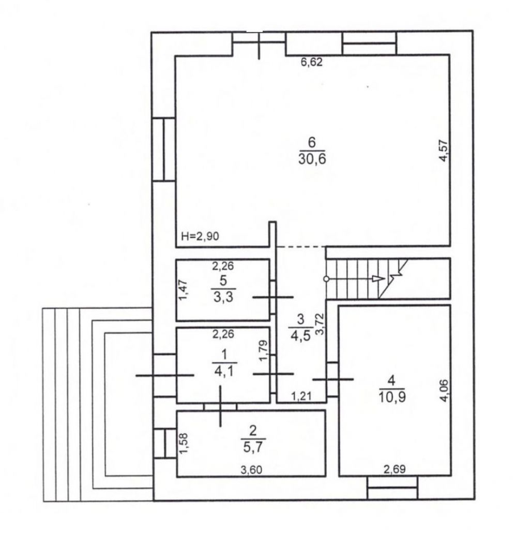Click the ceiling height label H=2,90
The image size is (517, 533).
pos(200,236)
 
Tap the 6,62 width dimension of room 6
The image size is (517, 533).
pos(311,62)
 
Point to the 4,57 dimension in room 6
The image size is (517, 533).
pos(444,151)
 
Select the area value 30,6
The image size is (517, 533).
pos(312,159)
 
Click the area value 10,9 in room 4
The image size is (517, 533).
pos(392,397)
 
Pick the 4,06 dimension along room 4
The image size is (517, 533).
pos(444,391)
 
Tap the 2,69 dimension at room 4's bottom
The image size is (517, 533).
pos(394,469)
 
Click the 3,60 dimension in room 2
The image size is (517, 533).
pos(251,470)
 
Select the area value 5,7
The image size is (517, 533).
pos(253,447)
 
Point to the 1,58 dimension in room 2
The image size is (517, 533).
pos(184,443)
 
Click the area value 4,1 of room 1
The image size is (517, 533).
pos(224,371)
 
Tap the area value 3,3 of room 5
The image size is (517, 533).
pos(223,297)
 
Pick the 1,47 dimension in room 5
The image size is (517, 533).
pos(183,290)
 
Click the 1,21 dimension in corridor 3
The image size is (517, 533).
pos(301,396)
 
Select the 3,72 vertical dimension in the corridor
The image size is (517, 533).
pos(320,324)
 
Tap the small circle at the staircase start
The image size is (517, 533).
pos(326,279)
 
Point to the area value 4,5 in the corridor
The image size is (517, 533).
pos(300,334)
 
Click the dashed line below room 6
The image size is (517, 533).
pos(301,246)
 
